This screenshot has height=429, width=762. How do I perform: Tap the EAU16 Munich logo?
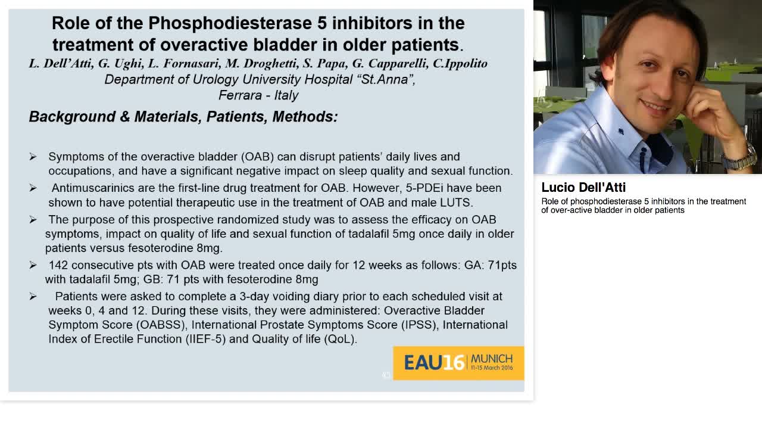pos(458,362)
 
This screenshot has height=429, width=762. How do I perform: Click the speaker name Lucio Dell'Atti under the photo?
pos(583,188)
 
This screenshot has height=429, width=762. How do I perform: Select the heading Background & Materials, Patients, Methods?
pos(183,117)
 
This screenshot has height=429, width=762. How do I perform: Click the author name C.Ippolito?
pos(460,64)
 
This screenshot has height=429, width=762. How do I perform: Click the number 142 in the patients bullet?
pos(58,265)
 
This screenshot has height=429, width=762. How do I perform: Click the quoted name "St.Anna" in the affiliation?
pos(387,80)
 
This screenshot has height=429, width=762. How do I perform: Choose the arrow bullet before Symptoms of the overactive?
pos(33,157)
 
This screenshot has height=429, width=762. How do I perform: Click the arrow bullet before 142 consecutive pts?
pos(33,265)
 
